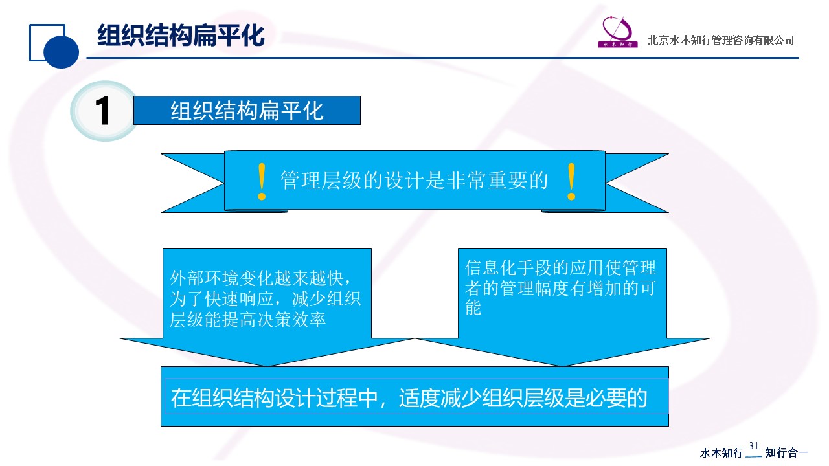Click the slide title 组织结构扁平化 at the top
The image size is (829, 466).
pyautogui.click(x=181, y=35)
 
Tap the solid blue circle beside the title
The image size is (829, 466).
pyautogui.click(x=61, y=51)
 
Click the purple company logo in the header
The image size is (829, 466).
pyautogui.click(x=618, y=32)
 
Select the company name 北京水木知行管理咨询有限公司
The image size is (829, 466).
pyautogui.click(x=721, y=40)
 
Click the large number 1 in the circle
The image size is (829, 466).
pyautogui.click(x=102, y=111)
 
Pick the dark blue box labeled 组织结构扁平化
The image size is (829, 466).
pyautogui.click(x=247, y=110)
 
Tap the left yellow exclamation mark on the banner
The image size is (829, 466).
pyautogui.click(x=262, y=182)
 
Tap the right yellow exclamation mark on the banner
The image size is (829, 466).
pyautogui.click(x=571, y=182)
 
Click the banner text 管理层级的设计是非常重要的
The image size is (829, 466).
pyautogui.click(x=414, y=180)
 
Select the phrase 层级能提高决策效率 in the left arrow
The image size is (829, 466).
pyautogui.click(x=247, y=320)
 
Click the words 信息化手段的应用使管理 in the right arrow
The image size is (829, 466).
pyautogui.click(x=560, y=268)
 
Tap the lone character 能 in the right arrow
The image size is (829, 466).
pyautogui.click(x=473, y=307)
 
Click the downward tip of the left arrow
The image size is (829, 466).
pyautogui.click(x=267, y=366)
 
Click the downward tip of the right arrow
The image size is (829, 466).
pyautogui.click(x=562, y=366)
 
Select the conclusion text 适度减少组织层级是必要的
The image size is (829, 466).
pyautogui.click(x=523, y=398)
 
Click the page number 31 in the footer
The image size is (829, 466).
pyautogui.click(x=753, y=446)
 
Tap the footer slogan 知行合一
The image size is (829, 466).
pyautogui.click(x=786, y=452)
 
